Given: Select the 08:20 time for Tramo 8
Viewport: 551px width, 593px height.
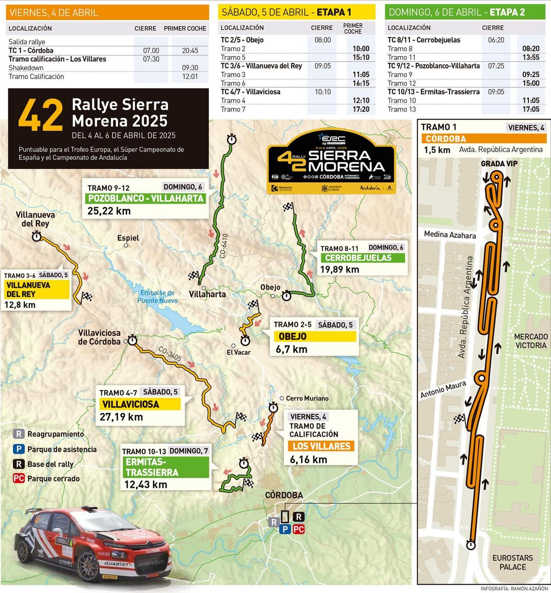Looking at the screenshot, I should (530, 49).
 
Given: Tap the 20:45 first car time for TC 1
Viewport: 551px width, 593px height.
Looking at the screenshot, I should (190, 51).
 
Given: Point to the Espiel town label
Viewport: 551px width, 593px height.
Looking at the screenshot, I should (128, 238).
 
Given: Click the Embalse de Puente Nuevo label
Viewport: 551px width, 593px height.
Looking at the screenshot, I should (157, 297).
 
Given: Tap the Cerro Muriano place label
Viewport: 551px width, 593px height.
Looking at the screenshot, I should (307, 398).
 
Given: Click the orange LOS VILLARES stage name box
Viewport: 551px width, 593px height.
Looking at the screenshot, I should (321, 446).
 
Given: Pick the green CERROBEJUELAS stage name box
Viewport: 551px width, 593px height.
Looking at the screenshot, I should (358, 258).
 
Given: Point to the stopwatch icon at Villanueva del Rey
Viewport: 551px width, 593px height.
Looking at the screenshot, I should (36, 236).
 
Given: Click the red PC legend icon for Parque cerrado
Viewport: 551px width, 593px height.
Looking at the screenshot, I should (19, 478).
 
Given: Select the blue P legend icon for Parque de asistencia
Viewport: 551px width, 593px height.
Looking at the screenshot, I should (19, 449).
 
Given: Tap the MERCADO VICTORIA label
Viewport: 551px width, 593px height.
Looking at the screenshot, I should (530, 341).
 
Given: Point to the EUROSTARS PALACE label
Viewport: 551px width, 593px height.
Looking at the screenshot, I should (512, 562).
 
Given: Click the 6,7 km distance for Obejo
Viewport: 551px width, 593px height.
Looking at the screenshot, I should (292, 349).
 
